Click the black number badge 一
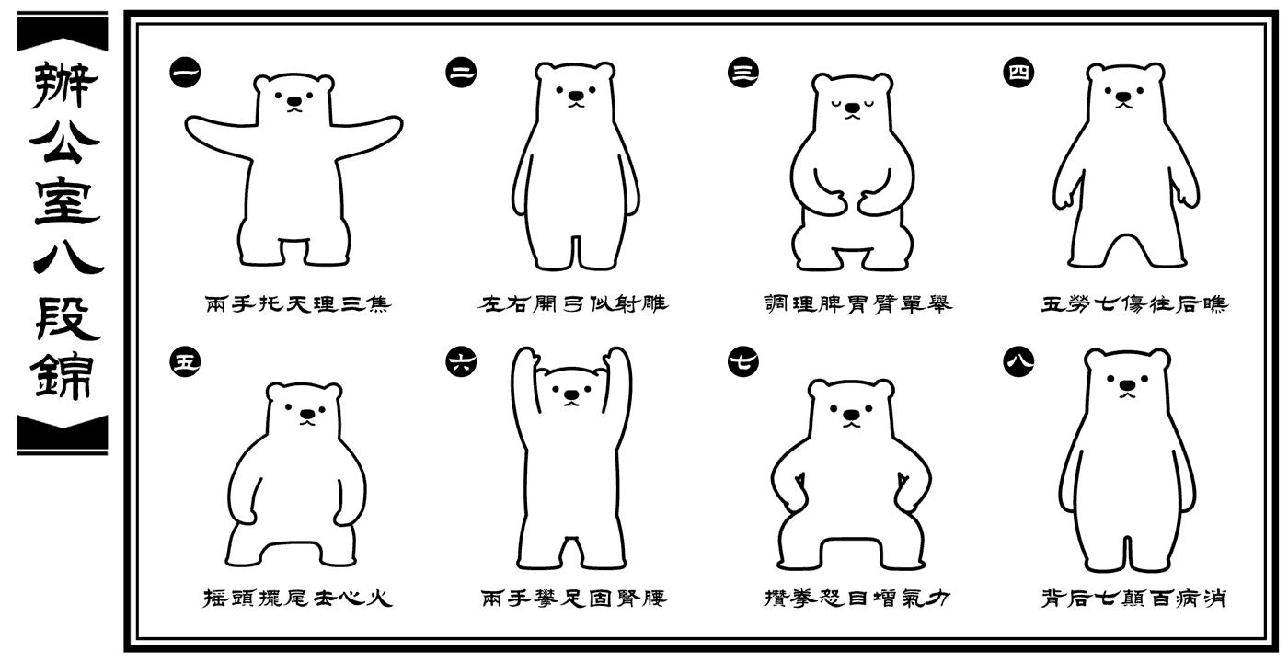(185, 73)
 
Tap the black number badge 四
(1018, 73)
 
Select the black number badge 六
(461, 362)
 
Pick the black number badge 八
(1018, 362)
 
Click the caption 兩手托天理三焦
(298, 303)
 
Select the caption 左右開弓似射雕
(572, 303)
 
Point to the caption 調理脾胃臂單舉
(857, 303)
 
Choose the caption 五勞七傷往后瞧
(1134, 303)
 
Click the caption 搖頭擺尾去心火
(298, 599)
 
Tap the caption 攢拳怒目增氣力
(857, 599)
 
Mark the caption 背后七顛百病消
(1133, 599)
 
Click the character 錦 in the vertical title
(63, 376)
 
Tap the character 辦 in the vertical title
(63, 86)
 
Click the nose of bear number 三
(853, 108)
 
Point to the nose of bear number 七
(851, 415)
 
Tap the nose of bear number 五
(308, 414)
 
